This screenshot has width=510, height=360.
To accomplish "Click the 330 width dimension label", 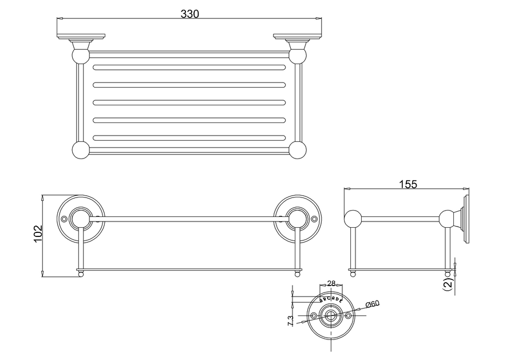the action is (x=189, y=14).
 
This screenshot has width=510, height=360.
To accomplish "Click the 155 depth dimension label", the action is (x=408, y=184).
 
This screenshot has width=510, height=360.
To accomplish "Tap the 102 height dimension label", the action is (x=38, y=234).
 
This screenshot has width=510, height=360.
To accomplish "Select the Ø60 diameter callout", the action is (x=373, y=304).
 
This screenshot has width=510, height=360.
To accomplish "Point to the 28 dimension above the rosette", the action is (x=331, y=283).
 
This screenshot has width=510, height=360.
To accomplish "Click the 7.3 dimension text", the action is (x=290, y=321).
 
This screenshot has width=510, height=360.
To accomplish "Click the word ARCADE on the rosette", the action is (x=331, y=299).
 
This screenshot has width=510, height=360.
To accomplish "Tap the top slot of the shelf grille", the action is (x=189, y=68).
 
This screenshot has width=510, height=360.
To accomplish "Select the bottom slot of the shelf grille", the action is (x=189, y=138).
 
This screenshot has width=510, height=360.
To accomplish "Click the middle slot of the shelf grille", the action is (x=189, y=102).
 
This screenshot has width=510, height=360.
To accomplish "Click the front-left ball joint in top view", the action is (x=80, y=150).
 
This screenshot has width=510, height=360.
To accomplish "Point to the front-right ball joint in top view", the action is (x=297, y=150).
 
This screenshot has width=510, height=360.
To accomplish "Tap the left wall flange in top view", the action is (x=81, y=36).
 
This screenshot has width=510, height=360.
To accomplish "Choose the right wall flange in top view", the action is (x=298, y=36).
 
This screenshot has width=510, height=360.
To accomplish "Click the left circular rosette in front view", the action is (x=81, y=219).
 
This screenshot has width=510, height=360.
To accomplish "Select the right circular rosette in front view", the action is (x=297, y=219).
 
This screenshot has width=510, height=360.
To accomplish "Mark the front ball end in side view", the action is (x=353, y=219).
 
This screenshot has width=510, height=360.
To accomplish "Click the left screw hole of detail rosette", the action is (x=314, y=315).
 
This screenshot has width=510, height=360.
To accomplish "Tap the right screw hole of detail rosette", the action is (x=349, y=315).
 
